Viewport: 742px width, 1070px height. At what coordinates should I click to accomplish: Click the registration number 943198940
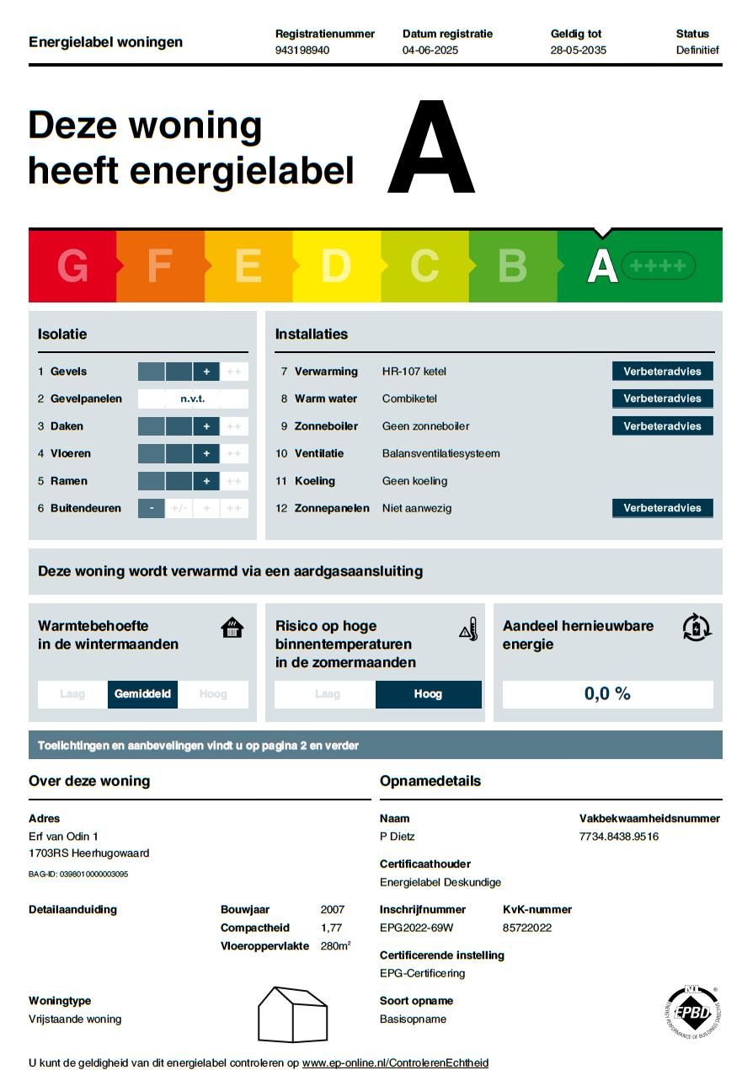302,51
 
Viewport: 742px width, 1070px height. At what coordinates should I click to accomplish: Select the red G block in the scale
72,266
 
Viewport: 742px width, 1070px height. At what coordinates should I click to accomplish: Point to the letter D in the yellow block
335,266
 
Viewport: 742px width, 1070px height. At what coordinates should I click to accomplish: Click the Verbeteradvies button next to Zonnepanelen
662,508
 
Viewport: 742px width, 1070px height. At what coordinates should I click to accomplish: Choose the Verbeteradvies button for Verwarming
662,372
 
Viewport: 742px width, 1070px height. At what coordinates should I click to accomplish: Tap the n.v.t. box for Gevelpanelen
193,399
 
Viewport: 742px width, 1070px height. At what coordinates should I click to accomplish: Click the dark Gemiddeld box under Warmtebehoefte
142,694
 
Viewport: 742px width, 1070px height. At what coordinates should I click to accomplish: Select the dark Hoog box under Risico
428,694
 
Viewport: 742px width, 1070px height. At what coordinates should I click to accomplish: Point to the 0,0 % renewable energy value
607,694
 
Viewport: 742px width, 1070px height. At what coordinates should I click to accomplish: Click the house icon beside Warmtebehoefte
232,628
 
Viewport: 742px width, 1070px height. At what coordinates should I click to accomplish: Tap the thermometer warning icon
468,629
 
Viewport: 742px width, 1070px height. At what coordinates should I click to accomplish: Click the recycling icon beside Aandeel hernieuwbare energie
697,628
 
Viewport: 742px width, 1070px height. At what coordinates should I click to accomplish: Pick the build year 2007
333,910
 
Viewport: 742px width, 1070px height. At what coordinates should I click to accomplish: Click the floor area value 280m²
335,946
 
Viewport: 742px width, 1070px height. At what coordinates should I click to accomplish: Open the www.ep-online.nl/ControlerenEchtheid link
395,1063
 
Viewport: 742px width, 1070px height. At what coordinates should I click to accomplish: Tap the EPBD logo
692,1011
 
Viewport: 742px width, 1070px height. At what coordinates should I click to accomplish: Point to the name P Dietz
398,837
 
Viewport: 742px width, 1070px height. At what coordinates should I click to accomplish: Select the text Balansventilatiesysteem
440,453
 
